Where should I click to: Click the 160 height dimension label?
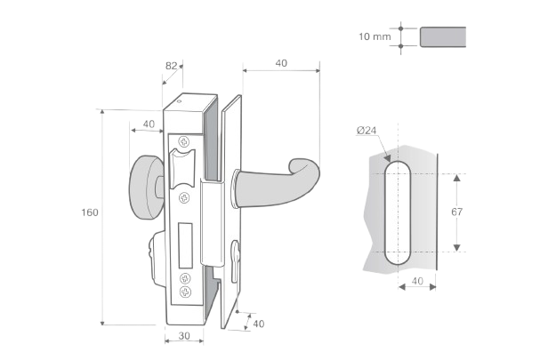(90, 212)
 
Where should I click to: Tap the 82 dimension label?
(171, 66)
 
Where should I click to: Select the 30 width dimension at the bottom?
(184, 336)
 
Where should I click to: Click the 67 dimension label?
(456, 212)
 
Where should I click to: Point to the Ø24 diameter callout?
(367, 131)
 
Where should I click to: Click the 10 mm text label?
(375, 36)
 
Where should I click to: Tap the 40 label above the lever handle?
(281, 63)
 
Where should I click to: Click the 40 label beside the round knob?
(149, 124)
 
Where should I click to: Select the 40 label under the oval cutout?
(417, 281)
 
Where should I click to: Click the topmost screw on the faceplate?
(184, 141)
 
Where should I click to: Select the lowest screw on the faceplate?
(185, 292)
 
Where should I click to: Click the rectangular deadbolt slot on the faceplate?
(186, 246)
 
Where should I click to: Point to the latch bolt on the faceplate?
(181, 168)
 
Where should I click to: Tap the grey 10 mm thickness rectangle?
(443, 36)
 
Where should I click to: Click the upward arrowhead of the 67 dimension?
(456, 178)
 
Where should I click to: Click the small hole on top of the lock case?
(180, 102)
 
